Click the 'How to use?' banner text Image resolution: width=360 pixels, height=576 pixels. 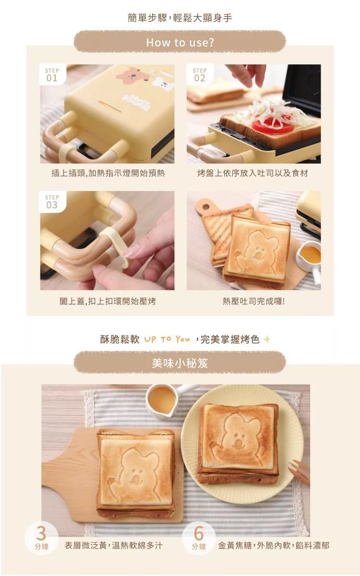[180, 42]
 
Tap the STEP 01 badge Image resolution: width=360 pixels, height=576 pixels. [52, 75]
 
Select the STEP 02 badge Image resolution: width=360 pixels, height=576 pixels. [200, 75]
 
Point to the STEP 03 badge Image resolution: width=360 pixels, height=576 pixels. [52, 202]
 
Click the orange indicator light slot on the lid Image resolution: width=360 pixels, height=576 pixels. [109, 106]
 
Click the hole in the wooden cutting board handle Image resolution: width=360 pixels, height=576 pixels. [206, 206]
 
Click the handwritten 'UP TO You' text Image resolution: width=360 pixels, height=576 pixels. [167, 339]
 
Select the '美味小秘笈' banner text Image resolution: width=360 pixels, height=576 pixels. [180, 363]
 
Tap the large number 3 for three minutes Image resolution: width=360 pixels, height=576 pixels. [41, 533]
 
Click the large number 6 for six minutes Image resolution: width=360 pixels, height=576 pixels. [199, 533]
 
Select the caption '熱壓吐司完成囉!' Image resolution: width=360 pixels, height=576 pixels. [254, 301]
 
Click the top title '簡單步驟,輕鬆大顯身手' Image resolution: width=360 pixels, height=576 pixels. [180, 18]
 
